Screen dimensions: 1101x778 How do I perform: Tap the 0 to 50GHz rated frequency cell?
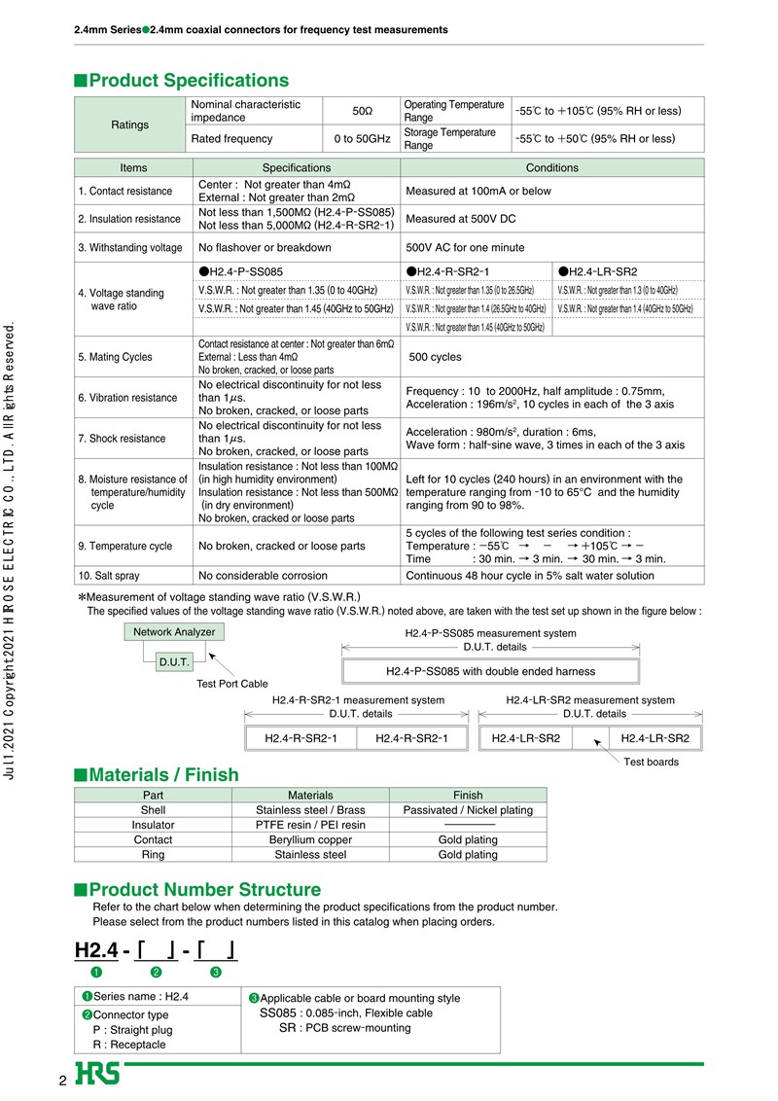click(x=361, y=138)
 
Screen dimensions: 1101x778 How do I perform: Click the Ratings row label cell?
click(x=129, y=124)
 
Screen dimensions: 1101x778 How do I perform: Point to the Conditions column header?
click(x=551, y=167)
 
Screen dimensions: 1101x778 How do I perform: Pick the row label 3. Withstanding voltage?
click(x=130, y=247)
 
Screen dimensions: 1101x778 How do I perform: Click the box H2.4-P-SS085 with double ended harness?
click(x=490, y=671)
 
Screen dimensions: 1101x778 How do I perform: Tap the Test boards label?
click(x=651, y=762)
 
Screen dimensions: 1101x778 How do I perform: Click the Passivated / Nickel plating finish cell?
click(x=468, y=809)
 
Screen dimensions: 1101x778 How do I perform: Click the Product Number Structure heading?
click(x=204, y=890)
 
